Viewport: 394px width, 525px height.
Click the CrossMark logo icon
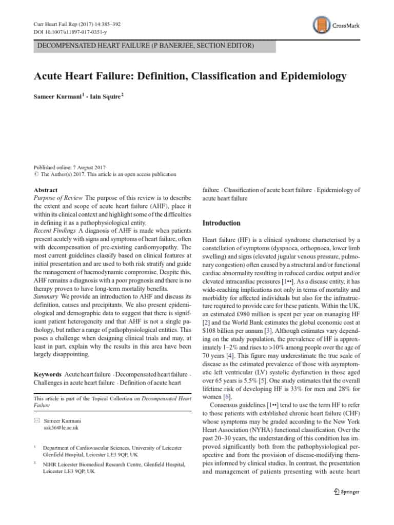pyautogui.click(x=320, y=25)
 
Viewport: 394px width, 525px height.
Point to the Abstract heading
pyautogui.click(x=46, y=190)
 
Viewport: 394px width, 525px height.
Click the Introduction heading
pyautogui.click(x=222, y=223)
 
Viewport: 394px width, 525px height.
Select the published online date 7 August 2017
pyautogui.click(x=91, y=168)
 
